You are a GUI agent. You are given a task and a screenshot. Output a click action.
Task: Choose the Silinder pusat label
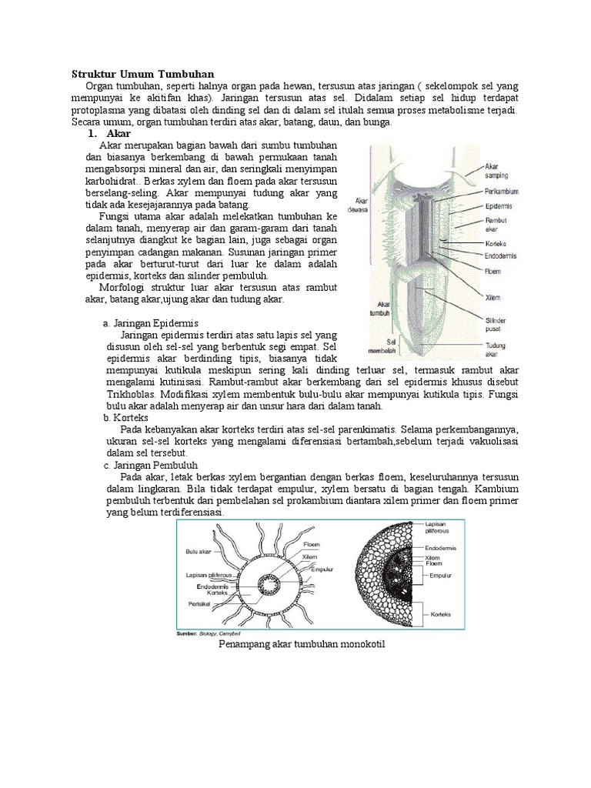pos(496,323)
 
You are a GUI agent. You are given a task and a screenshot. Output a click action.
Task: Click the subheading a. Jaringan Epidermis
pos(150,324)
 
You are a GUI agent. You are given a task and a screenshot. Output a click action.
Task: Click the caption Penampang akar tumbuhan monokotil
pos(302,646)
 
